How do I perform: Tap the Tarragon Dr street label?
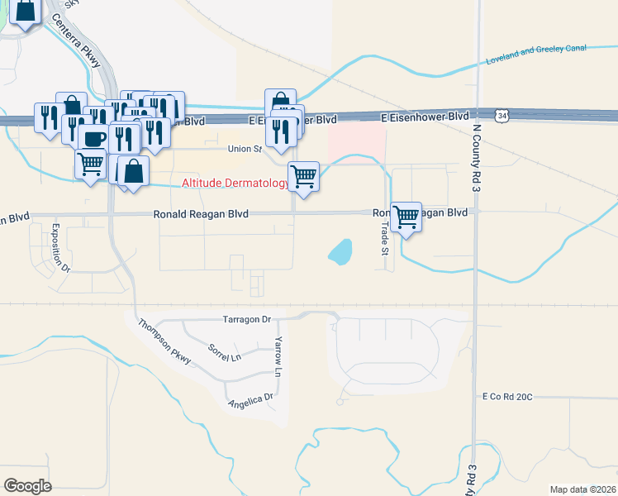pyautogui.click(x=247, y=319)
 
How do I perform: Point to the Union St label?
pyautogui.click(x=245, y=150)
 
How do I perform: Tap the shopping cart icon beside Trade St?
pyautogui.click(x=406, y=217)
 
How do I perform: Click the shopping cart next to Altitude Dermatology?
pyautogui.click(x=304, y=175)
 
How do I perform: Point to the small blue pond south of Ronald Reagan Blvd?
pyautogui.click(x=340, y=251)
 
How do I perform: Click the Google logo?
pyautogui.click(x=28, y=486)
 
